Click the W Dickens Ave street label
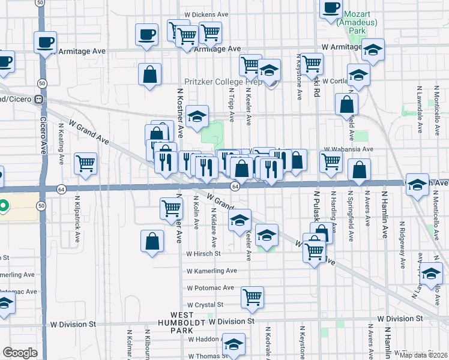coord(206,14)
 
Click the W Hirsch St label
coord(203,254)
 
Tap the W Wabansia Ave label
coord(349,149)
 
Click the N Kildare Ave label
coord(213,219)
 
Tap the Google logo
coord(20,353)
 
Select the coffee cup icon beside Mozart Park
coord(331,9)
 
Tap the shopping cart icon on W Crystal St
coord(253,297)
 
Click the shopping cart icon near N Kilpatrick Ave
coord(86,163)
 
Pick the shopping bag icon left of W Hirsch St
coord(152,241)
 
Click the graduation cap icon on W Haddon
coord(234,344)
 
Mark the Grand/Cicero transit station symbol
coord(38,99)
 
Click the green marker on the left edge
coord(3,207)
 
